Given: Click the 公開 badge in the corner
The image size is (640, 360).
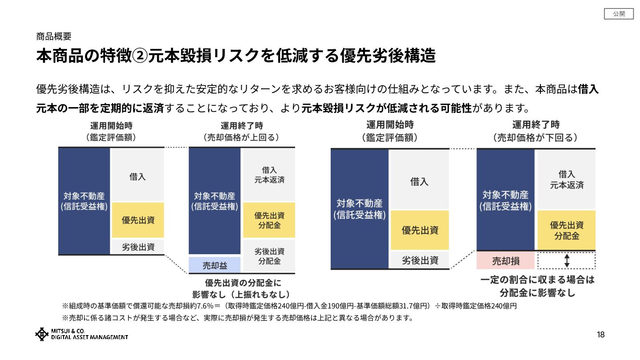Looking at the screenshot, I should pyautogui.click(x=619, y=14).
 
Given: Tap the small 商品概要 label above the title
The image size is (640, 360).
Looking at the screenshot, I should pyautogui.click(x=54, y=36).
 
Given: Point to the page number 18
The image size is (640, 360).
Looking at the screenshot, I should pyautogui.click(x=600, y=335).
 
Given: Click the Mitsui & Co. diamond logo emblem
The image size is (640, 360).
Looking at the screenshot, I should pyautogui.click(x=42, y=334).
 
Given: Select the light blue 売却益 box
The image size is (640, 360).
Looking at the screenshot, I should pyautogui.click(x=215, y=265).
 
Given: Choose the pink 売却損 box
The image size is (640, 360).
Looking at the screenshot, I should pyautogui.click(x=505, y=261).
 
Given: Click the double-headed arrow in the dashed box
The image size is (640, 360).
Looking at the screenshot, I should pyautogui.click(x=567, y=261).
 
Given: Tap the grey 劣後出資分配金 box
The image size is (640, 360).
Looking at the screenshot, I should pyautogui.click(x=269, y=256).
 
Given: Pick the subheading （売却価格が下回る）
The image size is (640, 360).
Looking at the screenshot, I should pyautogui.click(x=535, y=137).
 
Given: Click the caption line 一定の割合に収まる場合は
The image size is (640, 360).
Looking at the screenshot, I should pyautogui.click(x=537, y=280).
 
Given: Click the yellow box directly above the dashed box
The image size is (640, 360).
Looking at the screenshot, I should pyautogui.click(x=567, y=230).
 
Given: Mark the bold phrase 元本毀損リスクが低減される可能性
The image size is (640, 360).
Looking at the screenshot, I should pyautogui.click(x=386, y=108).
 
